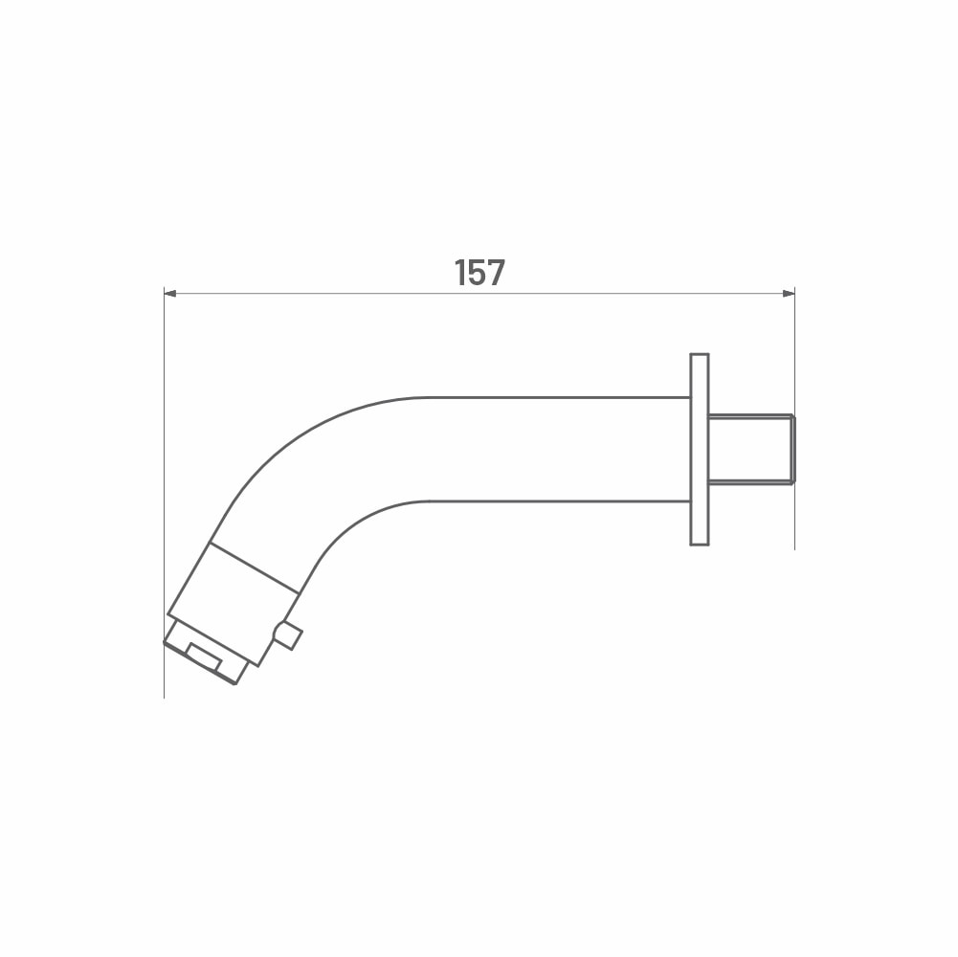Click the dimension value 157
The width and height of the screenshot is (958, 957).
pos(479,273)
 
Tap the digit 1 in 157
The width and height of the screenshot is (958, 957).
pos(460,273)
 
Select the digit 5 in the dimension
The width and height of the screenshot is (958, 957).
pos(478,273)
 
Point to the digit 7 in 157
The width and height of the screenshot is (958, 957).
pos(497,273)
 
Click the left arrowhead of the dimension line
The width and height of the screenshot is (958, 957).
pos(170,294)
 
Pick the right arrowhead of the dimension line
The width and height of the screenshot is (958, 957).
pos(789,294)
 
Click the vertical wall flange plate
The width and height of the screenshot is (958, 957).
pos(700,449)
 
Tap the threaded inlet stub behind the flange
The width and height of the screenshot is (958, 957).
pos(751,449)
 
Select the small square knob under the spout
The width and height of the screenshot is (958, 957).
pos(288,635)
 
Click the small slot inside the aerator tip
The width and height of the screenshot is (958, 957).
pos(204,657)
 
